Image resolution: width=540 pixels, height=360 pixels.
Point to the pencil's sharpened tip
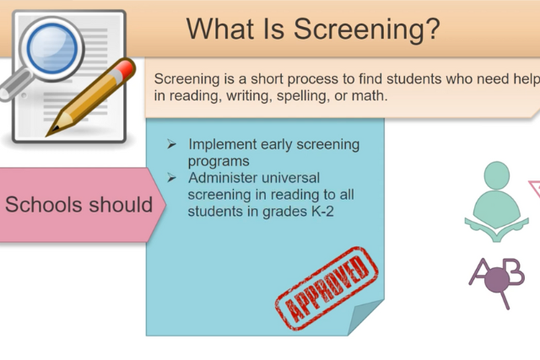[51, 133]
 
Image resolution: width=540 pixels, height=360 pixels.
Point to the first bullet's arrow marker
[171, 145]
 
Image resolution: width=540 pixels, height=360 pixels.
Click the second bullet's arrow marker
[171, 178]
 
